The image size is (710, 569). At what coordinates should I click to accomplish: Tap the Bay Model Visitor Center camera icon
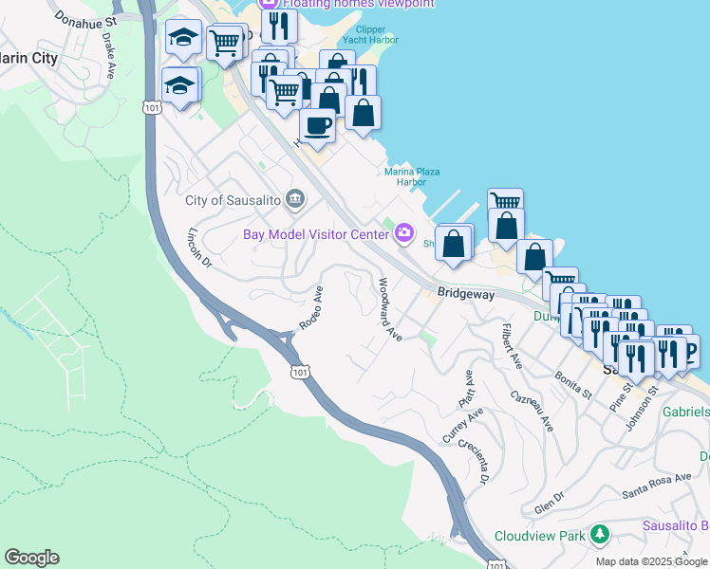point(405,232)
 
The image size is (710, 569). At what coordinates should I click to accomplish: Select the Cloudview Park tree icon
point(599,534)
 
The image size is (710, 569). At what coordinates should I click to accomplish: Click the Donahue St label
point(85,18)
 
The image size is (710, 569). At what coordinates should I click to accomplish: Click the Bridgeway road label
point(466,295)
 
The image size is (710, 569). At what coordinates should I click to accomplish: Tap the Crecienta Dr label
point(472,459)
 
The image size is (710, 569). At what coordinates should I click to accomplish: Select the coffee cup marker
point(317,124)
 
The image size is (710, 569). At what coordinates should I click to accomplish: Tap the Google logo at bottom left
point(31,558)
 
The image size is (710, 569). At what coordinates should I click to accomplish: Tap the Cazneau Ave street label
point(531,411)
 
